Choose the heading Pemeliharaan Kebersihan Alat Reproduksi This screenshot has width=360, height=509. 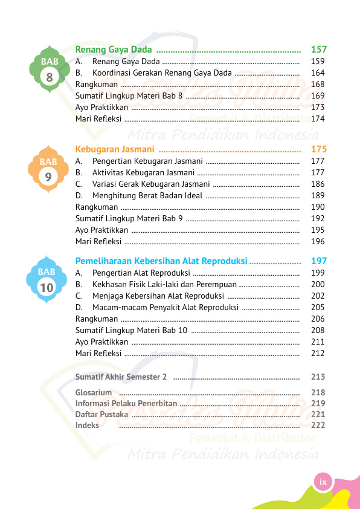(x=161, y=261)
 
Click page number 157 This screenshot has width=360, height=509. (x=318, y=49)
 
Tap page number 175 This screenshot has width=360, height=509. (x=318, y=149)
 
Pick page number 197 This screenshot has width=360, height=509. (x=318, y=261)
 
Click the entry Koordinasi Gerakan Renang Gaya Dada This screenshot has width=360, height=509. (x=162, y=73)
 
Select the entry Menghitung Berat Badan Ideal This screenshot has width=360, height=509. (x=147, y=195)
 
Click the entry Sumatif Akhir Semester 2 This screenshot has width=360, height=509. (x=121, y=377)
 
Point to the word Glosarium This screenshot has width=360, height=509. (x=94, y=392)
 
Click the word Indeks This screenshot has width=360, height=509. (x=87, y=425)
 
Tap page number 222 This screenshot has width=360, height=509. (x=318, y=425)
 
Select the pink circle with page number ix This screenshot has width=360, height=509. (x=323, y=482)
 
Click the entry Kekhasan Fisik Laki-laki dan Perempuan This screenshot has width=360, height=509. (x=164, y=284)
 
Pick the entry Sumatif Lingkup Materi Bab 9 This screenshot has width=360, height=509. (x=129, y=218)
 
